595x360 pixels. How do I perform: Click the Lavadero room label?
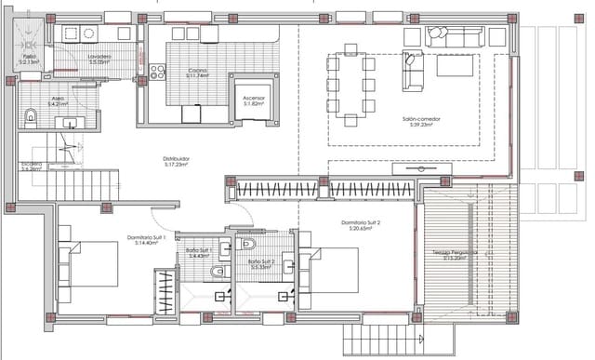click(99, 59)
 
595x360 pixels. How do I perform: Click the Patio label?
click(30, 59)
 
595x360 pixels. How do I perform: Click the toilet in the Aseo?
click(31, 116)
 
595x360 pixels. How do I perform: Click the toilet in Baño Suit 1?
click(217, 272)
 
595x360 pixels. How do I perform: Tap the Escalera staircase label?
click(32, 167)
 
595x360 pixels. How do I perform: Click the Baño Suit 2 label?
click(261, 264)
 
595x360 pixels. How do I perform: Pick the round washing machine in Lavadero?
click(89, 33)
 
